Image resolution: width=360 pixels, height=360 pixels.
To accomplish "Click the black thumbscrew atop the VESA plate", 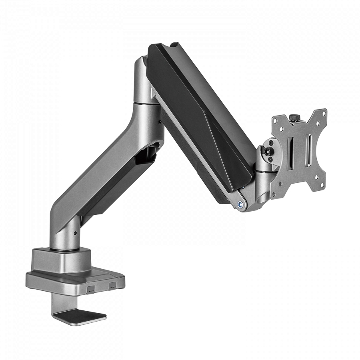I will coord(294,117).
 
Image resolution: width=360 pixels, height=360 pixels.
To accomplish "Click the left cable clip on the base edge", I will coord(91,288).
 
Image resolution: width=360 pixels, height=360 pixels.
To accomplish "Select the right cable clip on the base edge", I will coord(112,285).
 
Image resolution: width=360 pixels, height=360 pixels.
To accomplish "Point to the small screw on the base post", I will coord(75,233).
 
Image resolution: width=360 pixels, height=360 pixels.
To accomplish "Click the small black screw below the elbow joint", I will coord(160,122).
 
